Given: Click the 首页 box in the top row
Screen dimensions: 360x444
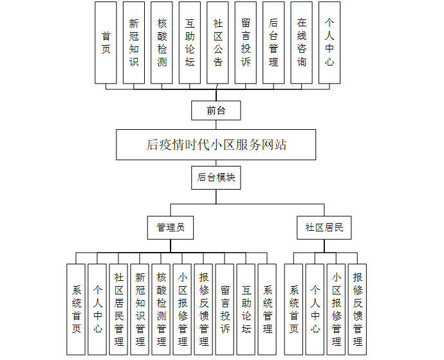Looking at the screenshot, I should coord(106,42).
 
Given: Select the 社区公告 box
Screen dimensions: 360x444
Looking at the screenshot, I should coord(217,42).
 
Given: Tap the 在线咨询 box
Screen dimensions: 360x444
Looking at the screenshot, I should coord(301,42).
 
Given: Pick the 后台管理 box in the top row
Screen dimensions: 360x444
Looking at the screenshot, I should coord(273,42).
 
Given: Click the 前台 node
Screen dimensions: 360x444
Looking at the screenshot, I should coord(216,111).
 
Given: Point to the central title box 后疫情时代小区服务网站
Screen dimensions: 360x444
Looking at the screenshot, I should coord(216,145).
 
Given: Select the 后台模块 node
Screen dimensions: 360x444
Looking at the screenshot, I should coord(216,177).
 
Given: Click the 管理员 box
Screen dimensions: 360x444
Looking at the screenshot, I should coord(171,227).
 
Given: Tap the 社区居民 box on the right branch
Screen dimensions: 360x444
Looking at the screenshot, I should coord(324,227).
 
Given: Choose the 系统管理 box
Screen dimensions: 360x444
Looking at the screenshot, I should coord(267,309).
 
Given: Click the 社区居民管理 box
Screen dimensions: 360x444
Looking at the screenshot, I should coord(118,309).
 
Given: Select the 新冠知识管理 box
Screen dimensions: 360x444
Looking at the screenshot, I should coord(140,309).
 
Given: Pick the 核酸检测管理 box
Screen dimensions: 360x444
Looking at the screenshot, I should coord(161,309).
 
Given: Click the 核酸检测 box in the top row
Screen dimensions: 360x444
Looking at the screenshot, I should coord(162,42).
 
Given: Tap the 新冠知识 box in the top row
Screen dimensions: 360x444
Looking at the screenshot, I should coord(134,42).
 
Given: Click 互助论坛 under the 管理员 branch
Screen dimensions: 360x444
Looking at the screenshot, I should coord(246,309).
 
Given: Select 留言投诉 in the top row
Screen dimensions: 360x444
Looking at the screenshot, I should coord(245,42).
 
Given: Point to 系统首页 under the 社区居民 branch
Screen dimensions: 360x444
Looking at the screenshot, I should coord(293,309).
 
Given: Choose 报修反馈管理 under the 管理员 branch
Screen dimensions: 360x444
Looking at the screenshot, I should coord(203,309).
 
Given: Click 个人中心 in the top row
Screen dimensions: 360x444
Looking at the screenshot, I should coord(329,42).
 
